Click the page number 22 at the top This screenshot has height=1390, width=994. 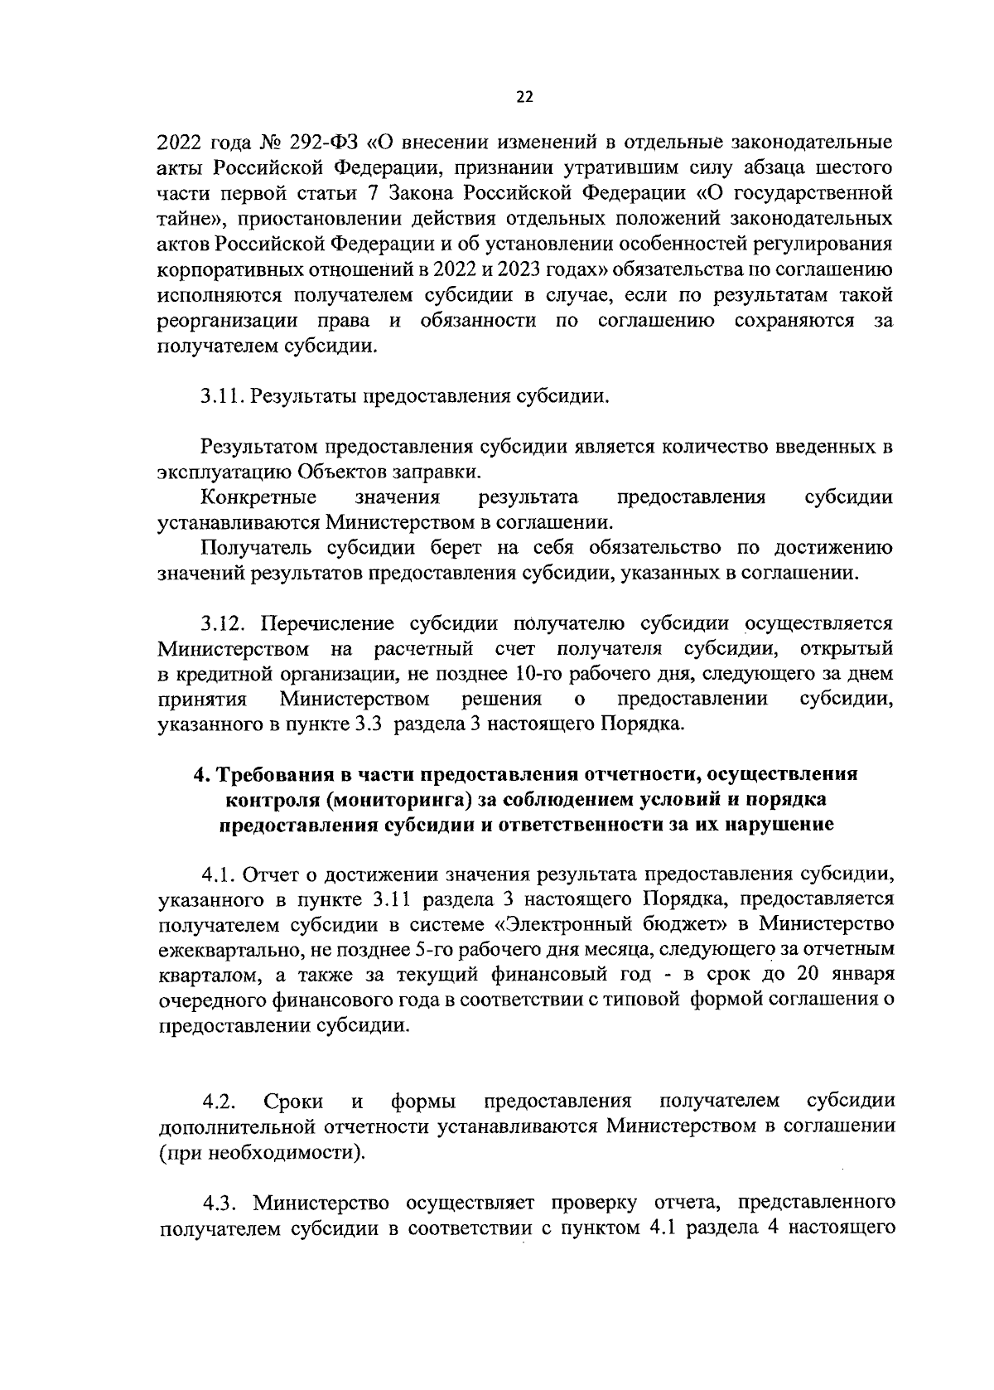(524, 97)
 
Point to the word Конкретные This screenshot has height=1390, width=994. (258, 498)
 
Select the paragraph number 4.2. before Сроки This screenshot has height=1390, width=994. (220, 1102)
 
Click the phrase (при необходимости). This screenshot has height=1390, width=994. (260, 1152)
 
